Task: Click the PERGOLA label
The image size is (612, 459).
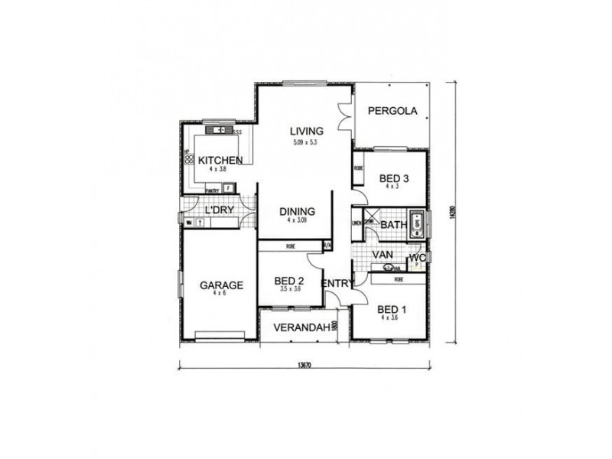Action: click(x=392, y=111)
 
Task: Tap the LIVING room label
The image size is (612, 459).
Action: click(x=305, y=131)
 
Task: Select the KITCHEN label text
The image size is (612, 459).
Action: click(x=220, y=161)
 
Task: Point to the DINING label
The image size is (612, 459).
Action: click(x=296, y=212)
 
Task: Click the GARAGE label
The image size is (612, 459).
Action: click(x=221, y=285)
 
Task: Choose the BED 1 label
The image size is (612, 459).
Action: click(x=392, y=309)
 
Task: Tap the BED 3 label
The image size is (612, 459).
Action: click(x=394, y=180)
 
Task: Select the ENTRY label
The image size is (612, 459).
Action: click(x=337, y=284)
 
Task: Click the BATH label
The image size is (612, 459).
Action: click(x=393, y=225)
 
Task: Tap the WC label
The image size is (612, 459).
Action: click(x=417, y=259)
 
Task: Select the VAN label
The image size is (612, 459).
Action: click(x=382, y=254)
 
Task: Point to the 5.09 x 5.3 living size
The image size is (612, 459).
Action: click(x=305, y=143)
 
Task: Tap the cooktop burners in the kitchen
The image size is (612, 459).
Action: click(x=188, y=161)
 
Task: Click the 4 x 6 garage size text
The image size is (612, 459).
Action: click(x=221, y=295)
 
